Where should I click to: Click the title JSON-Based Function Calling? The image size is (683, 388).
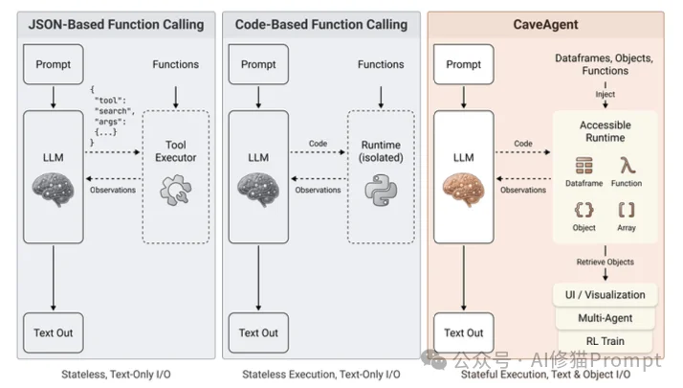(x=116, y=24)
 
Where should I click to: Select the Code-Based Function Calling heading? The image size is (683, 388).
(x=320, y=24)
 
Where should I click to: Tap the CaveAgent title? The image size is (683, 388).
(x=544, y=24)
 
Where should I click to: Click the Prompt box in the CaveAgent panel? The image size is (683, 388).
(x=464, y=64)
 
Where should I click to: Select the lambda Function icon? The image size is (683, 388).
(x=627, y=166)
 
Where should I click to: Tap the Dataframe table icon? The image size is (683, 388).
(x=584, y=166)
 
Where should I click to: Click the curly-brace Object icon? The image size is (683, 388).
(x=584, y=210)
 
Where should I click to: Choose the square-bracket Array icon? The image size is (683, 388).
(x=627, y=210)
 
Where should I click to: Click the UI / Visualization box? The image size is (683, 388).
(x=605, y=295)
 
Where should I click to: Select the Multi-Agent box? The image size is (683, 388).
(x=605, y=317)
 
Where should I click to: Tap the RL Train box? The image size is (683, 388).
(x=605, y=339)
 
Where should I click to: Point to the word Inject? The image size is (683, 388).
(x=605, y=94)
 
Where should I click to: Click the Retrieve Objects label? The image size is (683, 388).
(x=605, y=261)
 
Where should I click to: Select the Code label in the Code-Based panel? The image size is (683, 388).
(x=319, y=144)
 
